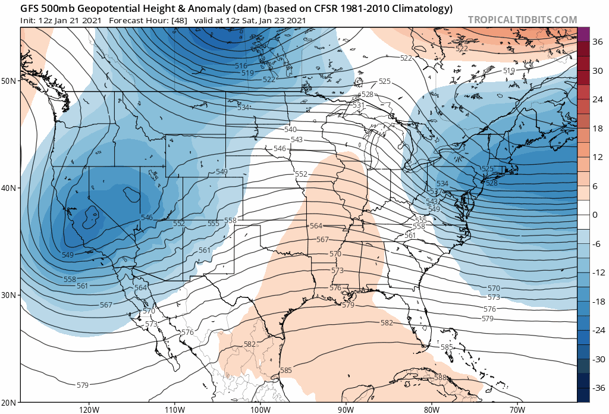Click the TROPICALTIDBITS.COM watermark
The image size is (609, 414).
(x=522, y=20)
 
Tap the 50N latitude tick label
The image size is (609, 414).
(x=10, y=80)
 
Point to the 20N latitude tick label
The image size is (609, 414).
(x=10, y=402)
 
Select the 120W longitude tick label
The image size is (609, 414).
(x=89, y=409)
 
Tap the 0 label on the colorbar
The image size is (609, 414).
(x=594, y=215)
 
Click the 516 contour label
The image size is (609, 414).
(x=241, y=66)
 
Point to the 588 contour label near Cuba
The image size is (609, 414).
(x=440, y=378)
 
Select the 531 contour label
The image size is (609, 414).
(x=358, y=105)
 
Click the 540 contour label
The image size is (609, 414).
(x=290, y=130)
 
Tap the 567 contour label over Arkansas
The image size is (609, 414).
(x=322, y=239)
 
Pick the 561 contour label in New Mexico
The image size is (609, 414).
(x=205, y=250)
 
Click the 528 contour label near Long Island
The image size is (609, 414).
(x=492, y=183)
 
